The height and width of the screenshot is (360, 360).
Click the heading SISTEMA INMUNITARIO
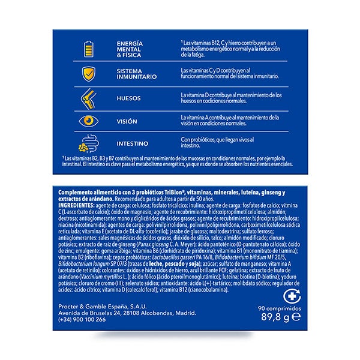(x=136, y=74)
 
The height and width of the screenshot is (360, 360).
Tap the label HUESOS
(x=128, y=98)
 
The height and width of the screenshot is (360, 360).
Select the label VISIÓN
(x=127, y=121)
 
